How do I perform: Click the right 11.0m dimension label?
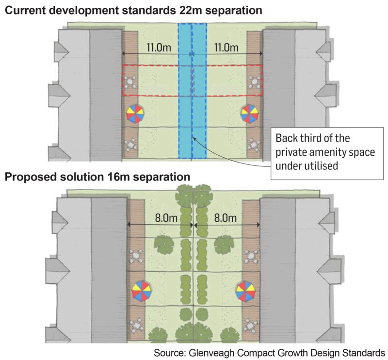226,48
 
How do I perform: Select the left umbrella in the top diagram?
136,114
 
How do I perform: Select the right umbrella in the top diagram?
251,114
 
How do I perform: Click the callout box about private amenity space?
325,151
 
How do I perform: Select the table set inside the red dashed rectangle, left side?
130,81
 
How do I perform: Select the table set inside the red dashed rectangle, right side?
254,81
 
